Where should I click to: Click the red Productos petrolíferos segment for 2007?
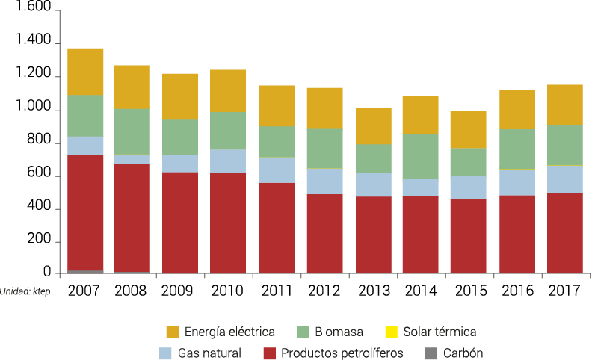(84, 212)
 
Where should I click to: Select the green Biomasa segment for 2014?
(421, 156)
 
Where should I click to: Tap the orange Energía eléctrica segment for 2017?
(565, 105)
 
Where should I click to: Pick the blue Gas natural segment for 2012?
(324, 181)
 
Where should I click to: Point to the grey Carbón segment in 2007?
(84, 271)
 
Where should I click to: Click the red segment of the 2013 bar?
(373, 235)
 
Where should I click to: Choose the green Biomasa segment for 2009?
(180, 137)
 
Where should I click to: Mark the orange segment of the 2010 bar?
(228, 90)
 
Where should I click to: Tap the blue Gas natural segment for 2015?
(469, 187)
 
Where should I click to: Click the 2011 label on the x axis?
(277, 291)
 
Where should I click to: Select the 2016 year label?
(517, 291)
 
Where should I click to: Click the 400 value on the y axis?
(40, 207)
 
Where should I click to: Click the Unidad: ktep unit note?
(25, 291)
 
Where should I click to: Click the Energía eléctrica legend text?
(230, 332)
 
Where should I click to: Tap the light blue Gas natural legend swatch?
(166, 353)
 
